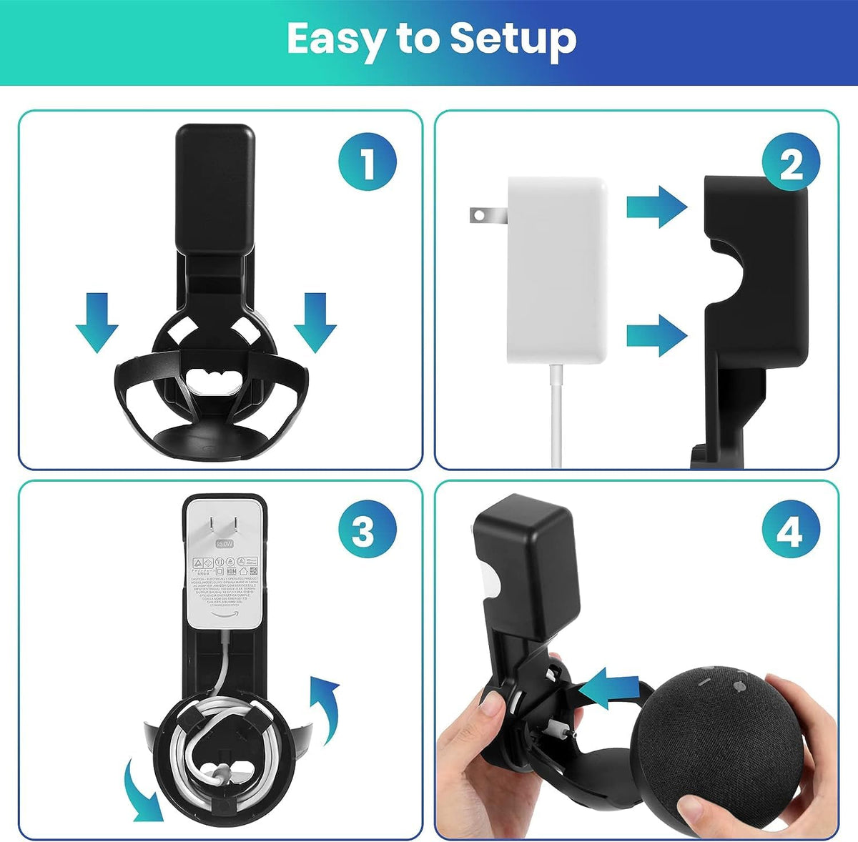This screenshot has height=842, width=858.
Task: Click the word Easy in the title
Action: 335,39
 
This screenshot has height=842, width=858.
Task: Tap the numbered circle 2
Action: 791,165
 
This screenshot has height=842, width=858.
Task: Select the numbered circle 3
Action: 363,533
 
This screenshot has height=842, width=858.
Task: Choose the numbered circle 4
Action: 789,533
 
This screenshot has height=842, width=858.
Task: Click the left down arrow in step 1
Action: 97,322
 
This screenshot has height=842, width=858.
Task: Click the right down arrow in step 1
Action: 315,322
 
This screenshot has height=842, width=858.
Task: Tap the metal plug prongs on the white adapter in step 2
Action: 488,214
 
